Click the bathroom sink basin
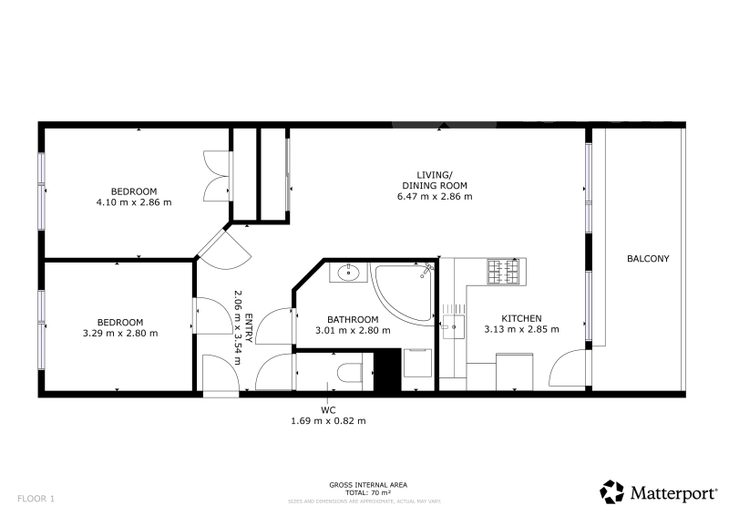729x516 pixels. click(x=348, y=273)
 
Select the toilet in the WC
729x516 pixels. click(x=350, y=372)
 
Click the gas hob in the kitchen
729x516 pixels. click(x=503, y=272)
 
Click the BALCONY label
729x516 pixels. click(x=648, y=259)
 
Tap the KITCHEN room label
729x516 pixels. click(x=521, y=318)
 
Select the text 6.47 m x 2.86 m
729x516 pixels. click(x=435, y=196)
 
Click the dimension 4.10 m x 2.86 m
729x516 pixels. click(x=134, y=202)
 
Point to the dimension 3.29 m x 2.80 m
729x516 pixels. click(x=120, y=333)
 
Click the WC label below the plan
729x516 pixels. click(x=328, y=410)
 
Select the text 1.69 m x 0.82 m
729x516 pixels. click(x=328, y=421)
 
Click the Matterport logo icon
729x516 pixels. click(x=611, y=491)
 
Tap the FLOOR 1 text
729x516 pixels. click(x=36, y=499)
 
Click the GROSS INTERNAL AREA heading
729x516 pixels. click(x=368, y=485)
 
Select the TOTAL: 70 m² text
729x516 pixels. click(x=368, y=492)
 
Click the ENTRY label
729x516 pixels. click(x=249, y=328)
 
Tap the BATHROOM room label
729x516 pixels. click(x=353, y=320)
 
